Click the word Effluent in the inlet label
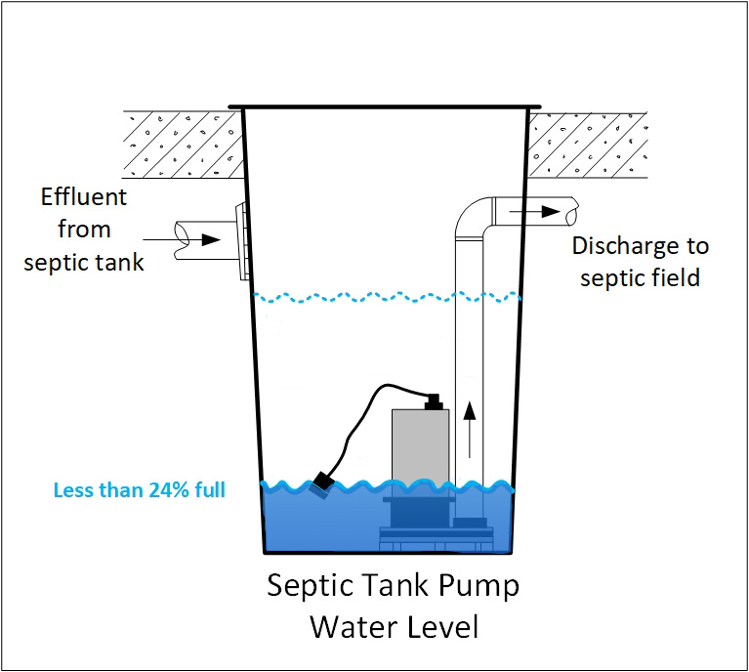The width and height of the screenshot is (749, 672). coord(84,196)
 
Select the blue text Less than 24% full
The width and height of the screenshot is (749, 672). coord(141,488)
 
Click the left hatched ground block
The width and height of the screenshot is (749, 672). coord(182,144)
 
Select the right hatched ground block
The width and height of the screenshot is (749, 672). coord(587,144)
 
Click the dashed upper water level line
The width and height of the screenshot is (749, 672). coord(386,296)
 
